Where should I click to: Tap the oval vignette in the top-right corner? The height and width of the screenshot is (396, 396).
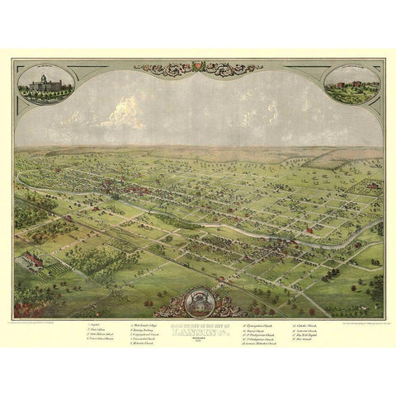coord(352,84)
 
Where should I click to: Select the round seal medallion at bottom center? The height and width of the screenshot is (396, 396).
coord(199,299)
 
